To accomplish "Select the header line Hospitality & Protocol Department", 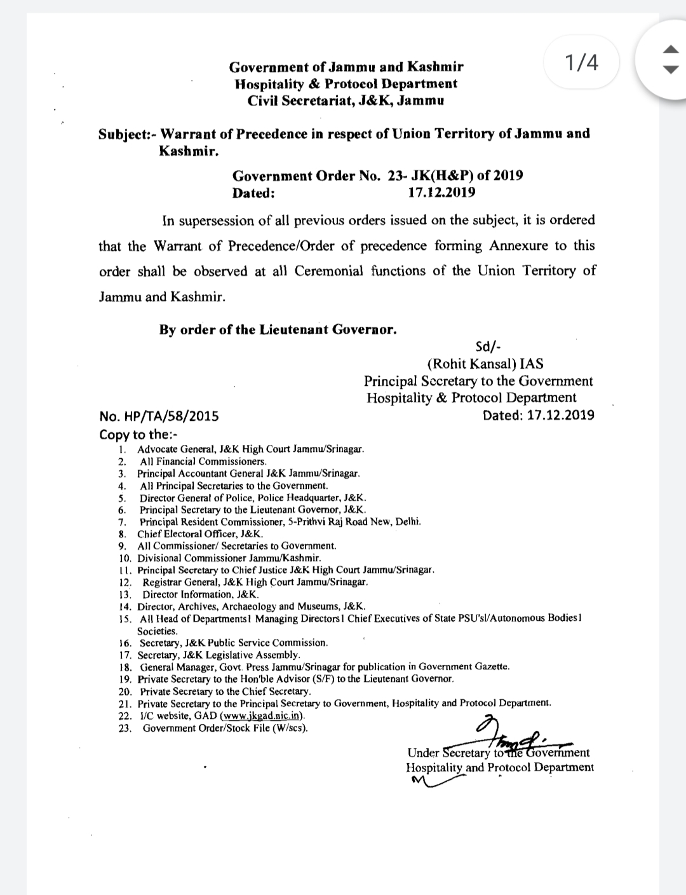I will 346,84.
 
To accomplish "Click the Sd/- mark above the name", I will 488,347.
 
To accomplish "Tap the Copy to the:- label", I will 139,435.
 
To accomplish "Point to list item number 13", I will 124,595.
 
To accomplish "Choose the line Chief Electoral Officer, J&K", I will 200,534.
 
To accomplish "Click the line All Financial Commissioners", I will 203,461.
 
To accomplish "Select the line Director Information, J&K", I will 201,595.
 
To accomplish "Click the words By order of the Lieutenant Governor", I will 278,330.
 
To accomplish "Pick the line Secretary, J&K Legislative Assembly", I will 219,655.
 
